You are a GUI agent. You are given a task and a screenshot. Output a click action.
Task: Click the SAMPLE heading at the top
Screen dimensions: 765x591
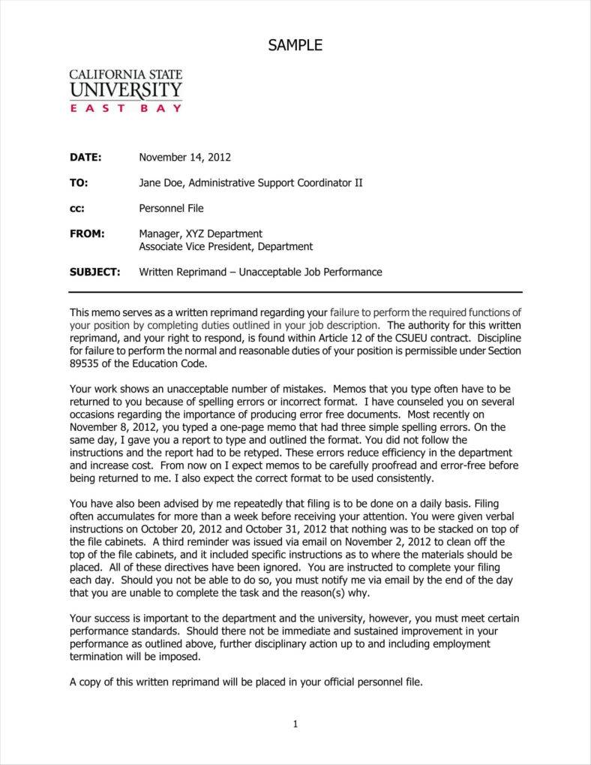coord(295,46)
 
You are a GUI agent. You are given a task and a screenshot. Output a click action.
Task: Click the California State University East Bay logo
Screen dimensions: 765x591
coord(125,90)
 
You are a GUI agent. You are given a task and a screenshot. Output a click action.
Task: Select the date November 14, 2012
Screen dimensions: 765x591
coord(184,158)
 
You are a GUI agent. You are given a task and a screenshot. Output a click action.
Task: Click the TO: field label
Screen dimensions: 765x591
coord(79,182)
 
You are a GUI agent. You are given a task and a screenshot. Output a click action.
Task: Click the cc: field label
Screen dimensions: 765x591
coord(77,208)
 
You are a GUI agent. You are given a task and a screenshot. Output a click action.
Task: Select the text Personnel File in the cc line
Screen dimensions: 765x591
coord(171,208)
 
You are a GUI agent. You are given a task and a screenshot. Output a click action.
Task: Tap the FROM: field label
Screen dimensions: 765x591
coord(87,233)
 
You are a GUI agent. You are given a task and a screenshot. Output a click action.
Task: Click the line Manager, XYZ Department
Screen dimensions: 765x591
coord(200,233)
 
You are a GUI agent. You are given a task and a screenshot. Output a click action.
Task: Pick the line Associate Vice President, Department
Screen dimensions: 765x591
coord(226,246)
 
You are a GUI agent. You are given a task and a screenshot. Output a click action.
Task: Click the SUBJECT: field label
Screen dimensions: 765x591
coord(94,272)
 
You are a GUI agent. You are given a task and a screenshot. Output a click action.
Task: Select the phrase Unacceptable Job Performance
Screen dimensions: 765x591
coord(310,272)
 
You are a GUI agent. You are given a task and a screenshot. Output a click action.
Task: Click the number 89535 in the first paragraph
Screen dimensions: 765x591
coord(84,363)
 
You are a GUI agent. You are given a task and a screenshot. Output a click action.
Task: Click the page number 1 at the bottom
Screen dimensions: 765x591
coord(295,724)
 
